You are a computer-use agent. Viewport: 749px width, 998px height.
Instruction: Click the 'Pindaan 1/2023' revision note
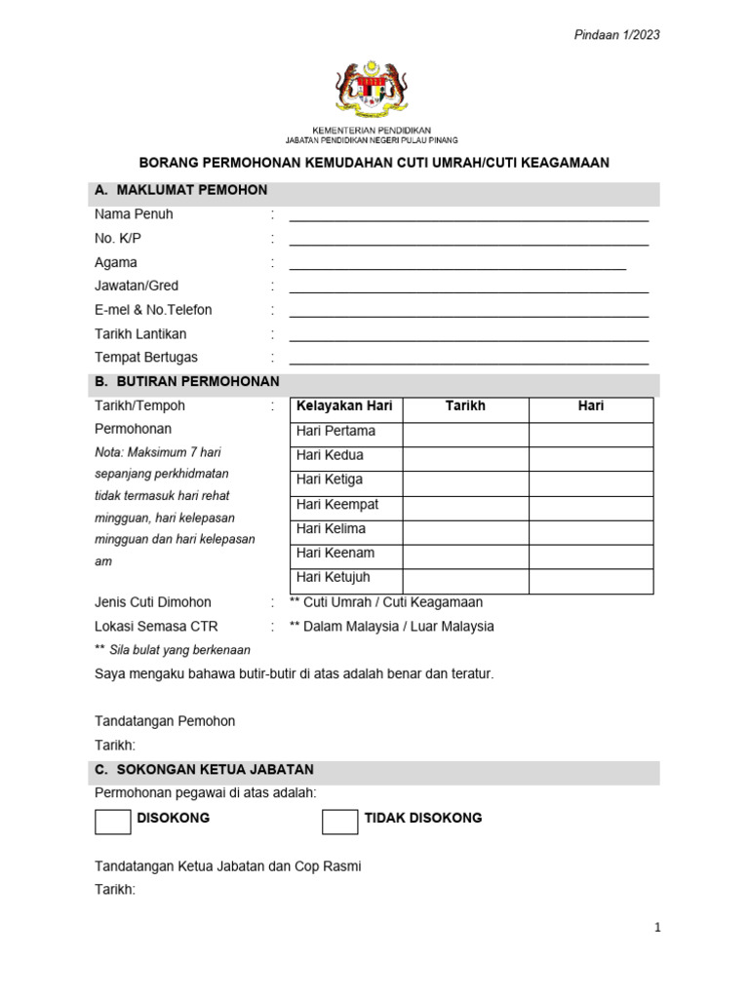pos(616,35)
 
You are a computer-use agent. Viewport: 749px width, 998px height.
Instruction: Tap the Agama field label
pos(116,262)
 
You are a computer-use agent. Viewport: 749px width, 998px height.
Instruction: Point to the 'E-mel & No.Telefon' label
pos(153,310)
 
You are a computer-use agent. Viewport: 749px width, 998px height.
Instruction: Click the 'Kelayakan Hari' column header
pos(344,406)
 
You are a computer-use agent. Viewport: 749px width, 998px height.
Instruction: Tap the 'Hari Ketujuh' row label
pos(334,578)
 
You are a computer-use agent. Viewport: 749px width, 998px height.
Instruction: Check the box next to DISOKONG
pos(112,822)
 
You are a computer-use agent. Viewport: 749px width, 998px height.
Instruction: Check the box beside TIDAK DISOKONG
pos(339,822)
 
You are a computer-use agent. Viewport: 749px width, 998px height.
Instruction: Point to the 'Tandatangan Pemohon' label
pos(165,721)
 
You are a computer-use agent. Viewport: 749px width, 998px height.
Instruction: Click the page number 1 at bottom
pos(657,928)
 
